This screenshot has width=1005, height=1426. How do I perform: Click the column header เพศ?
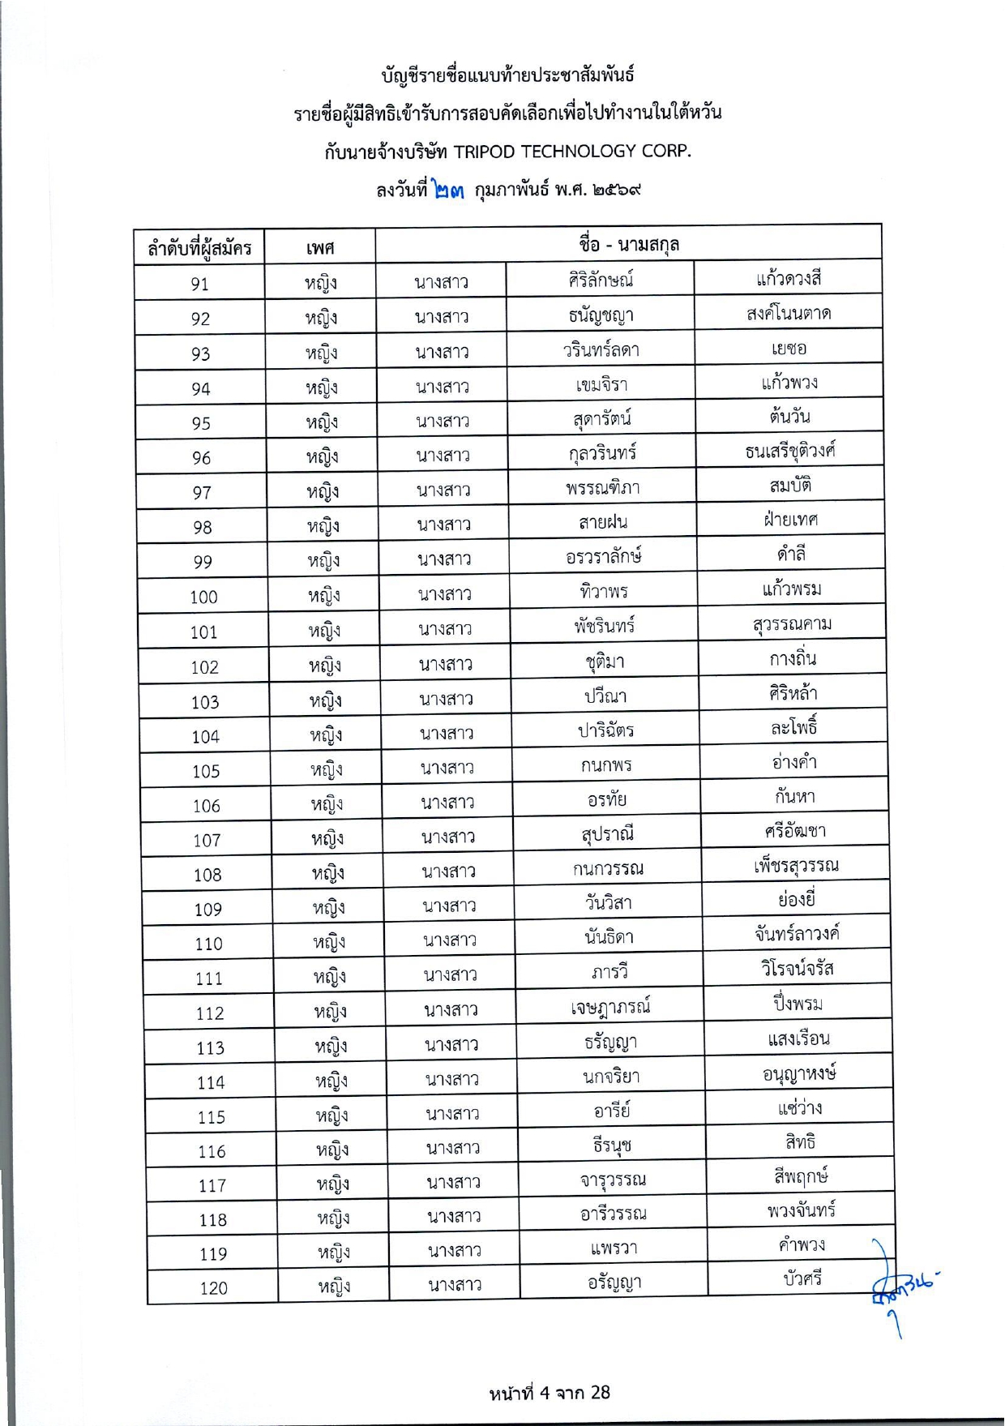click(x=320, y=247)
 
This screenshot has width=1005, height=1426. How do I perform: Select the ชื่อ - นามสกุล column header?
click(x=629, y=244)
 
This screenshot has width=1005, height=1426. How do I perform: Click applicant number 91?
click(x=199, y=284)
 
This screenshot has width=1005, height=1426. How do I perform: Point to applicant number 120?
click(x=213, y=1287)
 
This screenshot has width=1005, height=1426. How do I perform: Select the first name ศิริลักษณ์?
click(x=601, y=280)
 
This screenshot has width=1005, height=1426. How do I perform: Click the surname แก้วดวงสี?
click(x=789, y=279)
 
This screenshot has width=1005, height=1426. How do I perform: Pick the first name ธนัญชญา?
click(x=601, y=315)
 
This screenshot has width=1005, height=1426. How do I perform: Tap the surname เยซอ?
click(x=789, y=349)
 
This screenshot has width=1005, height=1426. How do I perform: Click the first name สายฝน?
click(x=603, y=522)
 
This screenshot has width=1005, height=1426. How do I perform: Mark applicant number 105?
click(x=206, y=771)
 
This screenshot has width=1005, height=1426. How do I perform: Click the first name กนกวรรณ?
click(x=608, y=869)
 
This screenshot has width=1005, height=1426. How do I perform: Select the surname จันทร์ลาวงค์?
click(x=797, y=934)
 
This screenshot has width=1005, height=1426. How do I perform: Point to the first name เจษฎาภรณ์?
click(x=610, y=1007)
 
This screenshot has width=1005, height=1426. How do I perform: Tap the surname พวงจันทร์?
click(x=801, y=1210)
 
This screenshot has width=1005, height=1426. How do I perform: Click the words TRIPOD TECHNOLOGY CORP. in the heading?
click(x=572, y=151)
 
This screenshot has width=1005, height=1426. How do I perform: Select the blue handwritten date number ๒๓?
click(x=448, y=191)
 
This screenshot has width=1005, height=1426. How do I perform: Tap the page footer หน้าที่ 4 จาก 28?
click(x=549, y=1393)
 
